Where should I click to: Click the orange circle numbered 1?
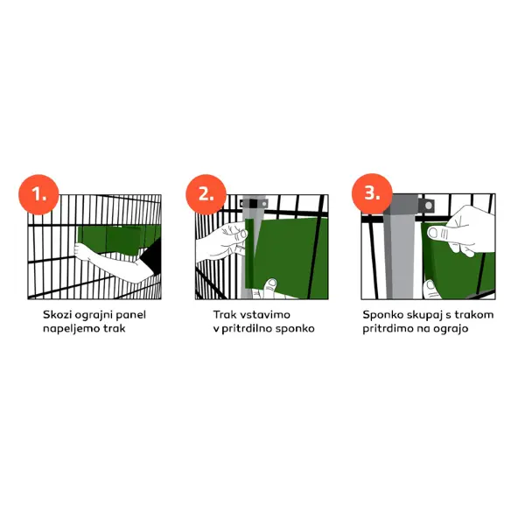[x=38, y=194]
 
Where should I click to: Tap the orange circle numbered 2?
[x=206, y=194]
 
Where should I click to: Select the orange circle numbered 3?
[x=372, y=193]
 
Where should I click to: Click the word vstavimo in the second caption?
[x=265, y=315]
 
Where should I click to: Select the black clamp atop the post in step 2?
[x=253, y=204]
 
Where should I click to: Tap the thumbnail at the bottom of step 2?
[x=271, y=283]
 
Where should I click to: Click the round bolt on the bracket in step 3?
[x=428, y=205]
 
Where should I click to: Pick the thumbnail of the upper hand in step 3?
[x=434, y=233]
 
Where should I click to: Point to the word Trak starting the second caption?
[x=225, y=315]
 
